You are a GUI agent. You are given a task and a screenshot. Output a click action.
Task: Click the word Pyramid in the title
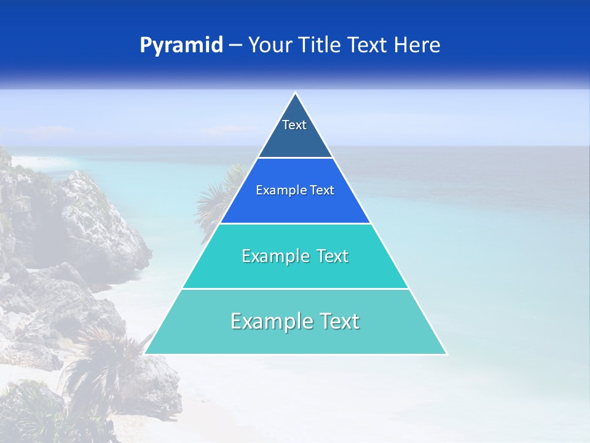[x=181, y=46]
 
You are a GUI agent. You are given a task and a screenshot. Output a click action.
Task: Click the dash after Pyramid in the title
[x=235, y=46]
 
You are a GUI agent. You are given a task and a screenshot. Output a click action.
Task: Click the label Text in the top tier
[x=294, y=125]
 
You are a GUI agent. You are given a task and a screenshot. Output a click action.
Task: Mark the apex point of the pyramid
[x=296, y=94]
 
